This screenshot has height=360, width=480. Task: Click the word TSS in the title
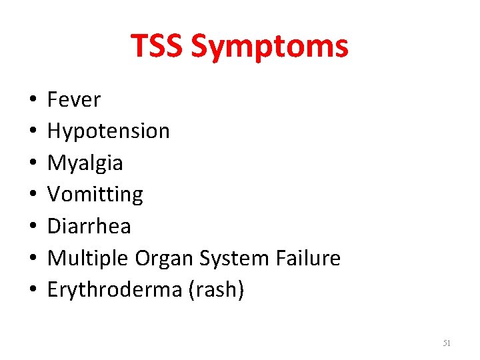click(x=157, y=47)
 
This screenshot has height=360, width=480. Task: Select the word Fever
click(x=74, y=100)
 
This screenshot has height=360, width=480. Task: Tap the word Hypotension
click(x=109, y=131)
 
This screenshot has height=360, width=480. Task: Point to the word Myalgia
click(x=85, y=163)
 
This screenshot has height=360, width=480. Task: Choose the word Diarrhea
click(x=89, y=227)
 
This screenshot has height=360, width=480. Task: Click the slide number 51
click(x=447, y=343)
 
